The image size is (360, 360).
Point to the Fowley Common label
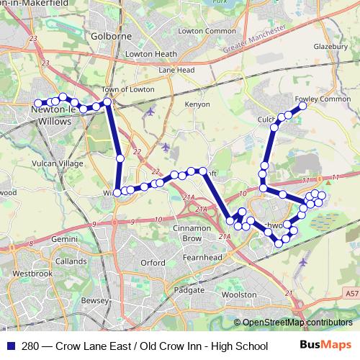pos(318,99)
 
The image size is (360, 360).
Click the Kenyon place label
pos(176,104)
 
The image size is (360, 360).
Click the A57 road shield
pos(351,294)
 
